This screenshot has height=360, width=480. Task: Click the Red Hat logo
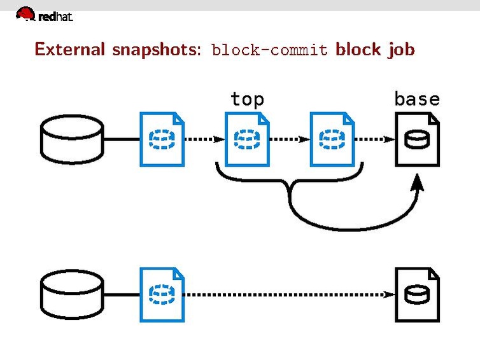point(44,15)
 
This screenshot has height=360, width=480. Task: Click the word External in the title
point(71,49)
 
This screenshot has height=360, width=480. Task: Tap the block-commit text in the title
point(270,50)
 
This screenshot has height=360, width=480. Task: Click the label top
point(247,99)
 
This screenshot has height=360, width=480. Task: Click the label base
point(417,99)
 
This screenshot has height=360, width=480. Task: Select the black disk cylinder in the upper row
point(71,139)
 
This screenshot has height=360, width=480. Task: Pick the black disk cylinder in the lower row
point(71,294)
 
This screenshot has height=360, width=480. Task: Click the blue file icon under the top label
point(247,139)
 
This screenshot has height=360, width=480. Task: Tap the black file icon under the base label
point(417,139)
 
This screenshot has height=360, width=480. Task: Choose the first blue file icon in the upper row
point(162,139)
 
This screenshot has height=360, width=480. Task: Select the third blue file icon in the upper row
point(332,139)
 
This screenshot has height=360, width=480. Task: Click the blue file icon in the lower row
point(162,294)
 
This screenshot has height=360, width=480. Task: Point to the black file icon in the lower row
point(417,294)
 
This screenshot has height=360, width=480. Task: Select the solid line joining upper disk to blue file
point(121,139)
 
